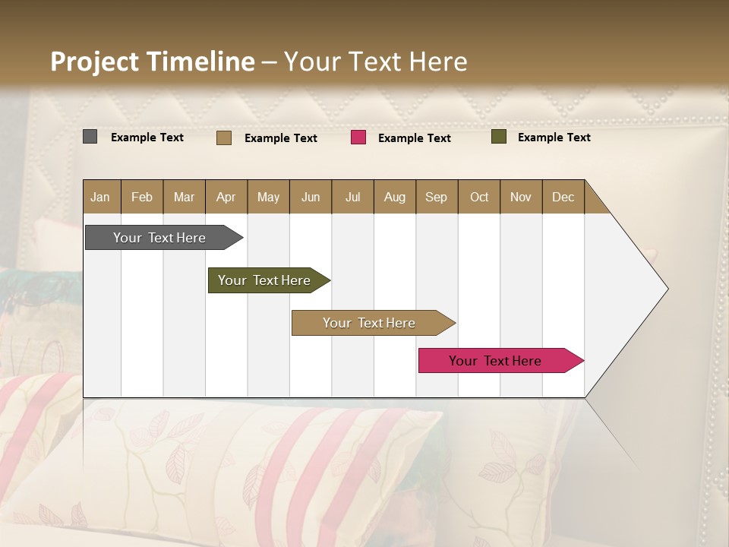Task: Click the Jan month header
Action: click(x=101, y=197)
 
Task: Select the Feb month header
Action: click(x=142, y=197)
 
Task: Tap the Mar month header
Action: click(x=184, y=197)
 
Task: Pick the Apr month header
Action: click(x=226, y=197)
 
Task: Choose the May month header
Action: click(x=268, y=197)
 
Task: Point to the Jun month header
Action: click(x=311, y=197)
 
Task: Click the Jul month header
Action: click(x=352, y=197)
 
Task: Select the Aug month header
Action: click(x=395, y=197)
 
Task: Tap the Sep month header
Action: click(x=437, y=197)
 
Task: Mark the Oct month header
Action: click(x=479, y=197)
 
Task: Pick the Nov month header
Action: click(x=521, y=197)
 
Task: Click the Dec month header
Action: click(x=563, y=197)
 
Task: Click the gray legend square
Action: click(x=90, y=137)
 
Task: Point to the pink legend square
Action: click(x=358, y=138)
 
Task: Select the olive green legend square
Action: click(x=499, y=137)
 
